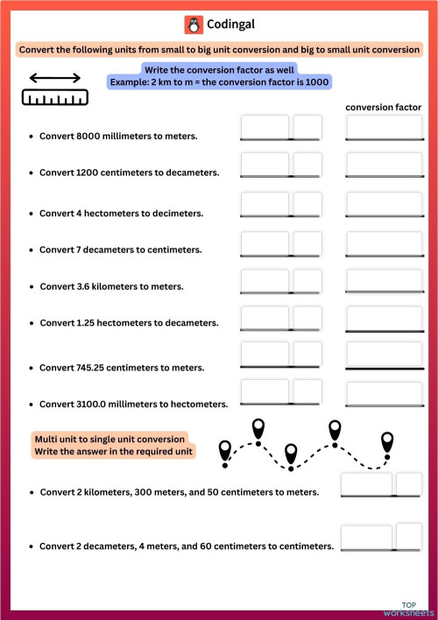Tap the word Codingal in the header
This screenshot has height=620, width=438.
pos(230,25)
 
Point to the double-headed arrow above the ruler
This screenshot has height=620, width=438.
pos(55,78)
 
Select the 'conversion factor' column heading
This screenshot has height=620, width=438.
pos(385,107)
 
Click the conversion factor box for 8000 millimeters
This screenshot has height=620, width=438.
pos(385,128)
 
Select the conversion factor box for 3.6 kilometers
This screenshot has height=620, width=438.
pos(385,279)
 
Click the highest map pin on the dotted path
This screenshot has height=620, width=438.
pos(258,427)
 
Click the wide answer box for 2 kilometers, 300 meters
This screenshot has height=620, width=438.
pos(366,484)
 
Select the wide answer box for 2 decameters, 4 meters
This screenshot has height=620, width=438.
pos(366,537)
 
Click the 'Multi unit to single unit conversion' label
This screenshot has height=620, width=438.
pos(109,438)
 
